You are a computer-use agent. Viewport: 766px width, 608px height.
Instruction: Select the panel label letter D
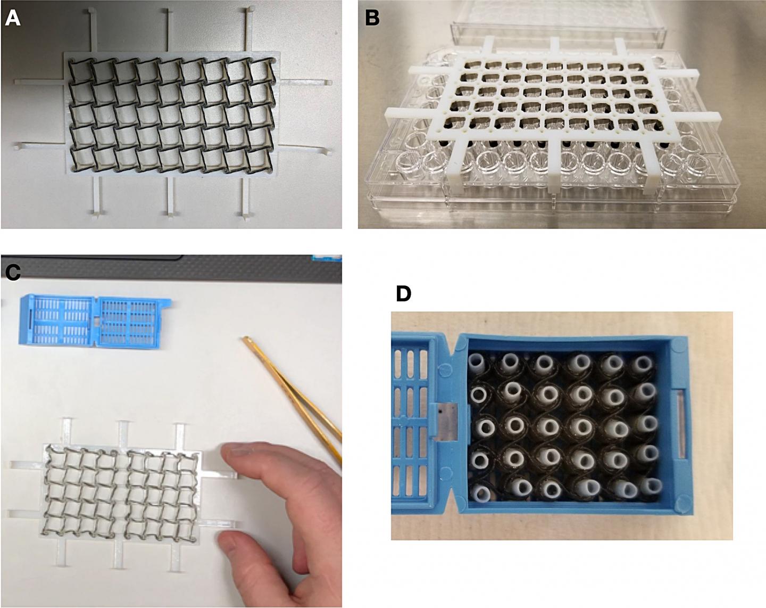pyautogui.click(x=403, y=293)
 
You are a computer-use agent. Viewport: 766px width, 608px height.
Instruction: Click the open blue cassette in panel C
pyautogui.click(x=96, y=322)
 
